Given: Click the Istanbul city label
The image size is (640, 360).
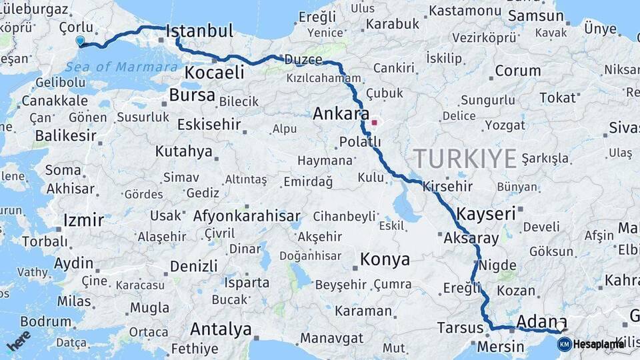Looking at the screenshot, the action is (199, 31).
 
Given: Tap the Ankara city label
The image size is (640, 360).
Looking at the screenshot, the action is (341, 114).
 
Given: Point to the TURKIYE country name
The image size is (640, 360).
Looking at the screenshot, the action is (465, 159).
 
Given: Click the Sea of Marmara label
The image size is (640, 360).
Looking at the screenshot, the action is (122, 67).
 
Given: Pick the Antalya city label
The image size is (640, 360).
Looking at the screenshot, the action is (221, 329).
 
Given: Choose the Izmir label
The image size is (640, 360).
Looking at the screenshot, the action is (83, 220).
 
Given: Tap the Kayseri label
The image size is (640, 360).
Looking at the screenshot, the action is (486, 214).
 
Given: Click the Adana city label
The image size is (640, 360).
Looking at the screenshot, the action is (542, 322).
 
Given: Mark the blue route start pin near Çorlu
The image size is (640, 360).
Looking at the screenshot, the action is (80, 41).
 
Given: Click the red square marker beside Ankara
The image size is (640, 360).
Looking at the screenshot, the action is (374, 123).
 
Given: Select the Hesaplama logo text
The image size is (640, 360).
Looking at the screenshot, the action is (598, 345).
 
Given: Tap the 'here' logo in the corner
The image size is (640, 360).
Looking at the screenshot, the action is (18, 341).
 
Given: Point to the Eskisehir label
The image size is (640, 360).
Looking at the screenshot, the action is (209, 125).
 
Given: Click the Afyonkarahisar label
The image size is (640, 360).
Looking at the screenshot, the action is (247, 216).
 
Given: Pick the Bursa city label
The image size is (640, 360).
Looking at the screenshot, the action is (192, 95).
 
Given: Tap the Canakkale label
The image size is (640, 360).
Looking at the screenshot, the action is (55, 101).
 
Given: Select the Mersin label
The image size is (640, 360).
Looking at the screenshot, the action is (501, 347).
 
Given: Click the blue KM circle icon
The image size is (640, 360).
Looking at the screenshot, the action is (564, 345).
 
